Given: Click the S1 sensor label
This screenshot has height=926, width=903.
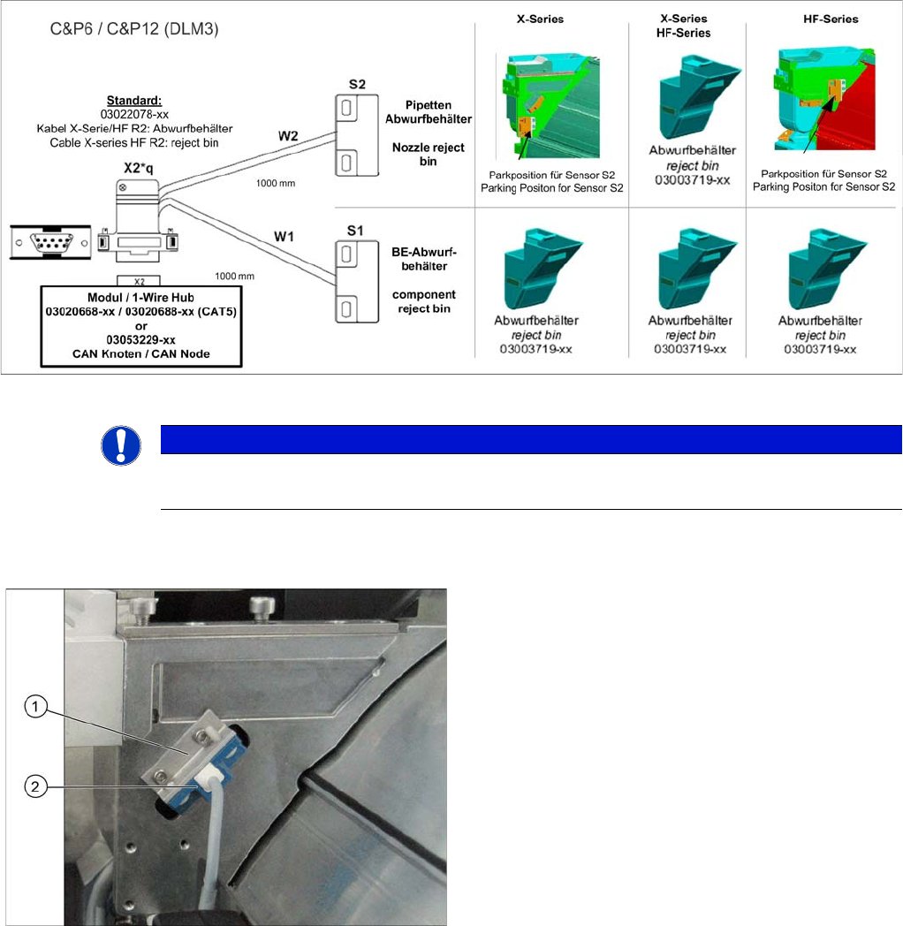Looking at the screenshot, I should coord(356,230).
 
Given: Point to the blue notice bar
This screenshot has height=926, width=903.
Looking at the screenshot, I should coord(530,439).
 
